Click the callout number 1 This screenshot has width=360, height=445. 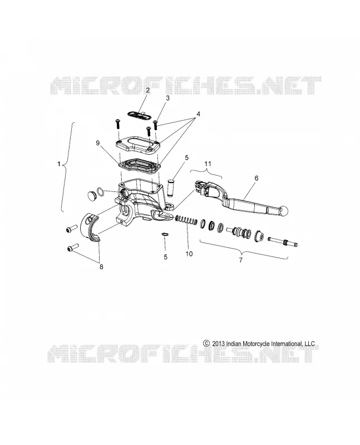(x=59, y=164)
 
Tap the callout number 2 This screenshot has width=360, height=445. (x=147, y=91)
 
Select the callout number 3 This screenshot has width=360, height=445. (x=168, y=98)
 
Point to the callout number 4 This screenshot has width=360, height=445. (x=198, y=114)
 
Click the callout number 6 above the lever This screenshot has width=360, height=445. (x=257, y=178)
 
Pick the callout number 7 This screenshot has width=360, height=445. (x=241, y=260)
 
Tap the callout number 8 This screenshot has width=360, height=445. (x=101, y=267)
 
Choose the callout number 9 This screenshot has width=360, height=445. (x=98, y=143)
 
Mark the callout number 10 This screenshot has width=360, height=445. (x=189, y=254)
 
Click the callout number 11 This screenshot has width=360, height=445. (x=208, y=164)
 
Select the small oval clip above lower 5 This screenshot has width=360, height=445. (x=165, y=234)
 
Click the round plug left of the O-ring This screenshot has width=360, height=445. (x=91, y=195)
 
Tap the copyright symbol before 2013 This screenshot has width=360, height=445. (x=206, y=343)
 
